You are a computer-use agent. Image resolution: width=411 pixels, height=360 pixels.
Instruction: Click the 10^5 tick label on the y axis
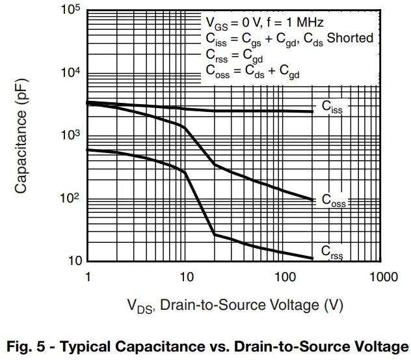tap(70, 11)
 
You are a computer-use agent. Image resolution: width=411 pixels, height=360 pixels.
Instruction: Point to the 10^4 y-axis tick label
tap(70, 73)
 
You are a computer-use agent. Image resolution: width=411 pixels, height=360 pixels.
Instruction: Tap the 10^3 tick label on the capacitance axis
tap(70, 135)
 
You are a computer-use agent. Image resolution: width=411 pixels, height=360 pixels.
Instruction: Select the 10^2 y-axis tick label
tap(70, 199)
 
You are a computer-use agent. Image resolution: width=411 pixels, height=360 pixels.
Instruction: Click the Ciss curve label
tap(332, 107)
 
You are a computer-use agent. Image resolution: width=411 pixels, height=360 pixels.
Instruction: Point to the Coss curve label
tap(334, 201)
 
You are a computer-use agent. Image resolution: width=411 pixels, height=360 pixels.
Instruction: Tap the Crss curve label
tap(332, 252)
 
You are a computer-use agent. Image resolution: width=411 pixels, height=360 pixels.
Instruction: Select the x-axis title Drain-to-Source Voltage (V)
tap(234, 305)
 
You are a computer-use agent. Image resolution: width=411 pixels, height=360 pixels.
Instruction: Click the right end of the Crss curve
tap(313, 258)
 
